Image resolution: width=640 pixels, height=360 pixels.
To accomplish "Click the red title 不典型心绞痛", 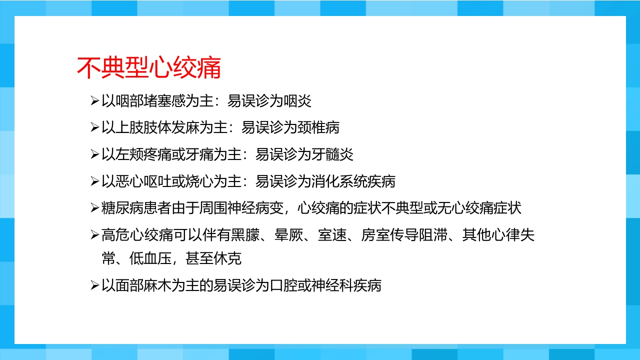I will coord(149,68).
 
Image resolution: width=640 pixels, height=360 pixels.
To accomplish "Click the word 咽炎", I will coord(297,100).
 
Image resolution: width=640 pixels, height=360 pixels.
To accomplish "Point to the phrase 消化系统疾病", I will coord(353,181).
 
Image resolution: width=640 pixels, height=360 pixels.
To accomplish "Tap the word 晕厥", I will coord(289,235).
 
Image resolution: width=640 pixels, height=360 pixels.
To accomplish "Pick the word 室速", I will coord(332,235).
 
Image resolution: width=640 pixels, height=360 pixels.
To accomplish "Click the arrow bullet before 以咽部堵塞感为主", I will coord(94,101).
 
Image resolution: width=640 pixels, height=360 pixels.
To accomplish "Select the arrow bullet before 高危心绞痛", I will coord(94,235).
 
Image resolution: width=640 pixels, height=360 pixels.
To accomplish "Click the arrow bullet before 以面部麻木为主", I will coord(94,286).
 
